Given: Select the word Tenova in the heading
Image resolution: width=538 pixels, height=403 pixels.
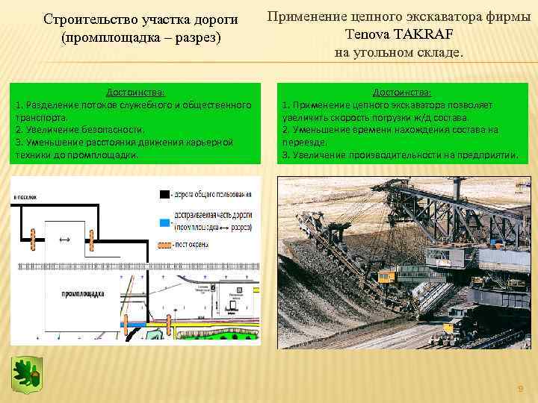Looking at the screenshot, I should pos(367,34).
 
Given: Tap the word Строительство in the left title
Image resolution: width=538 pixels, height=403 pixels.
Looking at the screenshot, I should pos(90,18).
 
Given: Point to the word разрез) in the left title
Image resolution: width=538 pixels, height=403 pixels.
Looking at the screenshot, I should pos(196,35).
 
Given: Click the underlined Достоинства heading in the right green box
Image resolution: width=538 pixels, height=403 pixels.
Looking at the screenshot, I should pos(401,93).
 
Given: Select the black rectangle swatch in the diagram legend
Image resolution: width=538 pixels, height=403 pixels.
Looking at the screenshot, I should pos(164,194).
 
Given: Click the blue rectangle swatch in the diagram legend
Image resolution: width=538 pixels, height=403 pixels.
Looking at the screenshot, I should pos(164,222).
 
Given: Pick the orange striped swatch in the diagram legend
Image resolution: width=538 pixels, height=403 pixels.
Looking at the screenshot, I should pos(164,244).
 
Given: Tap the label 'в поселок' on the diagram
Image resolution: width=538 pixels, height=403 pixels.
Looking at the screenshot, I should pos(27,196).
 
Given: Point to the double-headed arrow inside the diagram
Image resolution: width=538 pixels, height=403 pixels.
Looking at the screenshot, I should pos(64,240).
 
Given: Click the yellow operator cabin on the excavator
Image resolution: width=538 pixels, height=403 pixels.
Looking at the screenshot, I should pos(386,276).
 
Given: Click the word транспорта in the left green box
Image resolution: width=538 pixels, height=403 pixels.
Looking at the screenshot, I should pos(42,117).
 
